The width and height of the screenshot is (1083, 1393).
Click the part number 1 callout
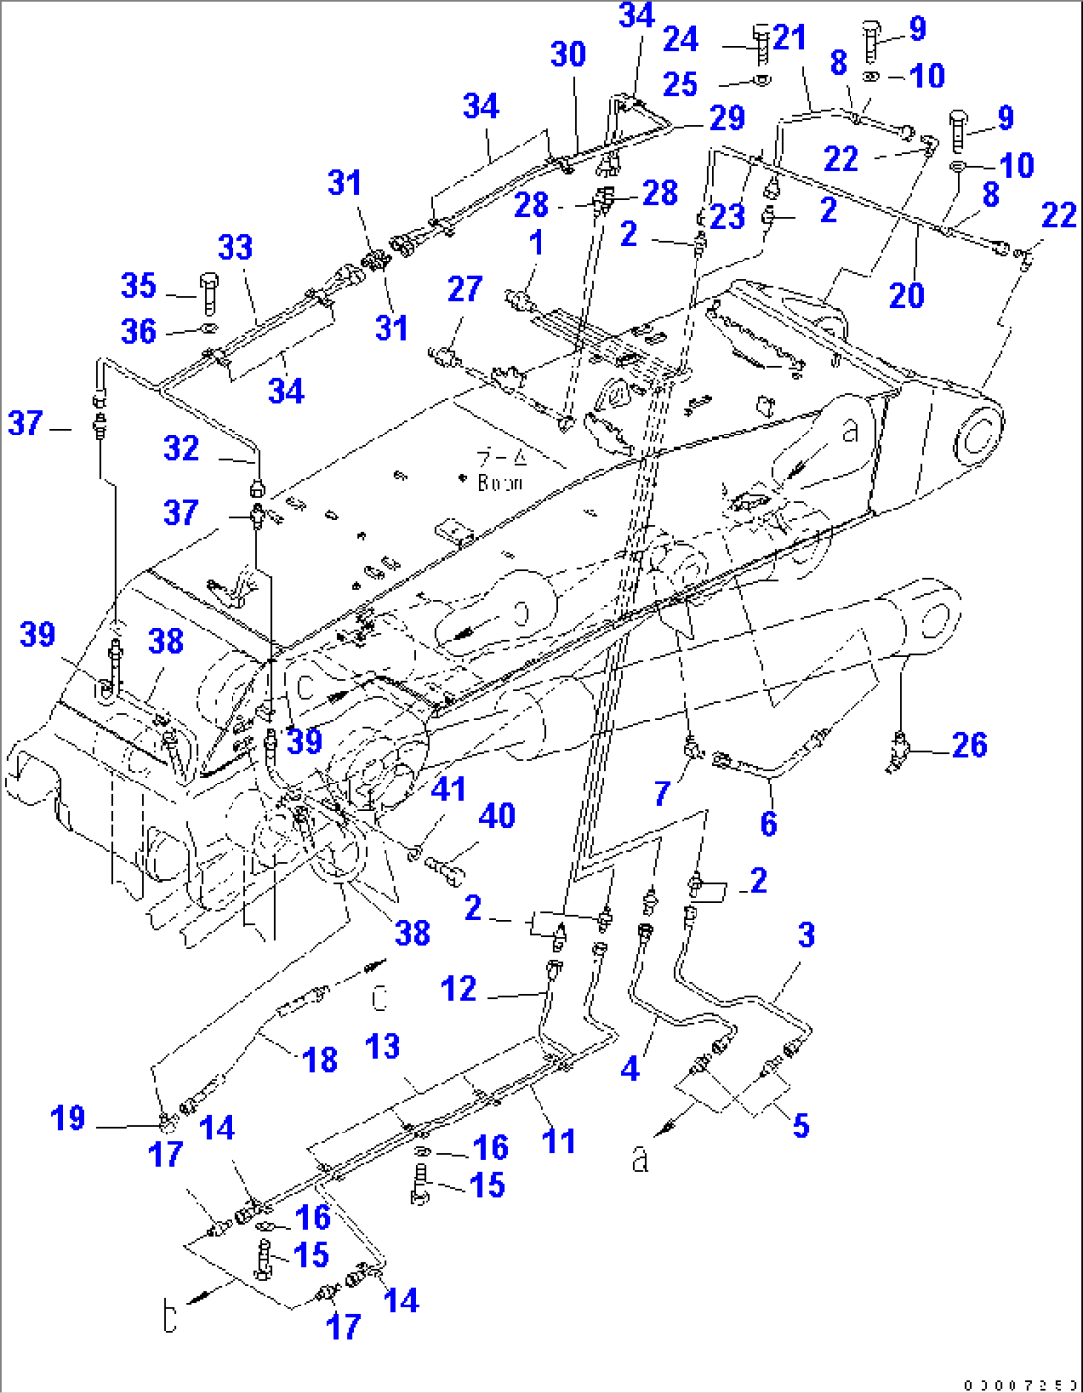pyautogui.click(x=537, y=243)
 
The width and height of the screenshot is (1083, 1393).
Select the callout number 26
pyautogui.click(x=969, y=745)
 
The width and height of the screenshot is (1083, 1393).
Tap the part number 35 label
pyautogui.click(x=138, y=286)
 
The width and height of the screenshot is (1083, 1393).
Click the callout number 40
pyautogui.click(x=497, y=816)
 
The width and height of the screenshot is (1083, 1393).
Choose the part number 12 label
pyautogui.click(x=458, y=989)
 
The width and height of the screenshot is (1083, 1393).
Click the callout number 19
pyautogui.click(x=68, y=1118)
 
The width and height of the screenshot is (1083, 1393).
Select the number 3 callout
pyautogui.click(x=806, y=935)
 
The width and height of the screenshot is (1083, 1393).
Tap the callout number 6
pyautogui.click(x=768, y=823)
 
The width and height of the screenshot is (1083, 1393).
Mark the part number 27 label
pyautogui.click(x=464, y=289)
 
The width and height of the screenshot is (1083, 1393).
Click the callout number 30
pyautogui.click(x=568, y=54)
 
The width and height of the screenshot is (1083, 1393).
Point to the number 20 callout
pyautogui.click(x=906, y=295)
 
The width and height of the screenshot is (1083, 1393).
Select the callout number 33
pyautogui.click(x=235, y=247)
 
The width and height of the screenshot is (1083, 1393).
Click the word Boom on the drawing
pyautogui.click(x=500, y=483)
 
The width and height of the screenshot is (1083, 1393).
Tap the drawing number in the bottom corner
pyautogui.click(x=1020, y=1384)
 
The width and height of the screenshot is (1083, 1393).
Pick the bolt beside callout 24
pyautogui.click(x=761, y=44)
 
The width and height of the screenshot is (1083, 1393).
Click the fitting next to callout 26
pyautogui.click(x=899, y=748)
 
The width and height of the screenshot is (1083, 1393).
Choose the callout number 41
pyautogui.click(x=448, y=789)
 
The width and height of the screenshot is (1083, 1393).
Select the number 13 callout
pyautogui.click(x=383, y=1046)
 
